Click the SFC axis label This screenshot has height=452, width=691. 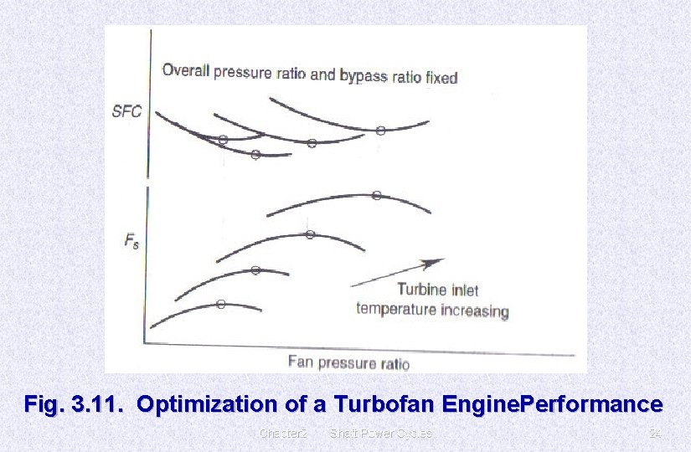[x=127, y=112]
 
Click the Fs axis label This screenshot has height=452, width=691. [x=131, y=242]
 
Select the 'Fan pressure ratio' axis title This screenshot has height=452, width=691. [x=348, y=362]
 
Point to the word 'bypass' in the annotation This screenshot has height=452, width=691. [x=363, y=75]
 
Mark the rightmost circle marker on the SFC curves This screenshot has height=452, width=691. [x=380, y=131]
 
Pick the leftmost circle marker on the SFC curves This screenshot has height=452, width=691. [x=223, y=140]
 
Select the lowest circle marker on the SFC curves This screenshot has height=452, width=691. [x=255, y=154]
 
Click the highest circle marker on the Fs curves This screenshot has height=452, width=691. [x=377, y=196]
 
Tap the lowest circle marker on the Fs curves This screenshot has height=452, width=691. [x=220, y=305]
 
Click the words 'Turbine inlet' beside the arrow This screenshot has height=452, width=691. [x=437, y=290]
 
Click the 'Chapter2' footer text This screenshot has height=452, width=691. [x=283, y=434]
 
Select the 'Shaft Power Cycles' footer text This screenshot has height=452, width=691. [x=381, y=434]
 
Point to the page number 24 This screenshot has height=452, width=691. [x=656, y=434]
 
